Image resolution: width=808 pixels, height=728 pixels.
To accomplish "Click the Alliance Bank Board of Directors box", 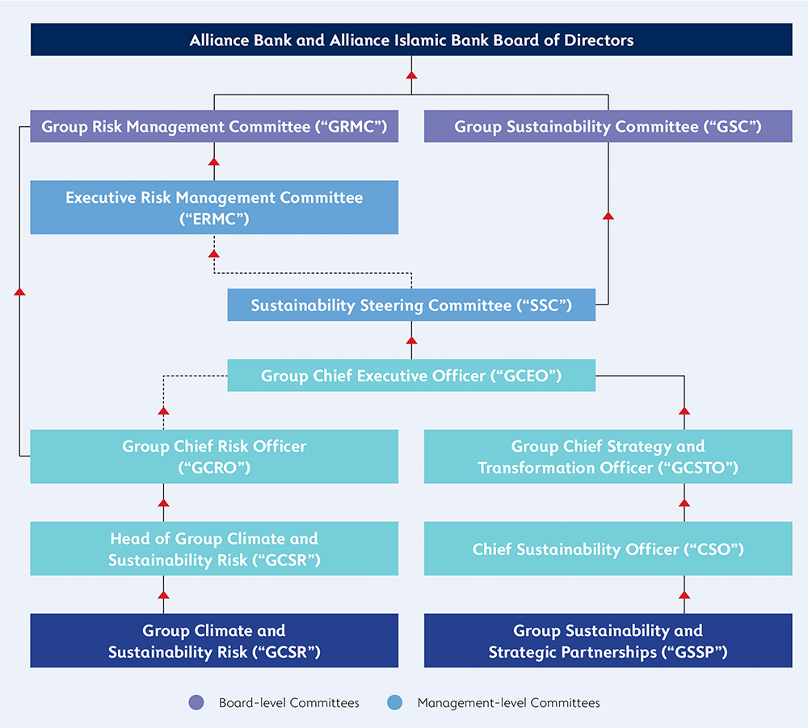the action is pyautogui.click(x=411, y=40).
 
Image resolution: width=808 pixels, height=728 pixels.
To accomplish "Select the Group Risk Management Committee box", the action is pyautogui.click(x=214, y=126).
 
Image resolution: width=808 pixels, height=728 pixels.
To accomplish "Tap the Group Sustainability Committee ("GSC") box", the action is pyautogui.click(x=608, y=126).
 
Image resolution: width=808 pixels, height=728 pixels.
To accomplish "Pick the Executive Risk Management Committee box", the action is pyautogui.click(x=214, y=208).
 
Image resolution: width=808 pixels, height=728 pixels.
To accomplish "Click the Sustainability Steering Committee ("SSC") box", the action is pyautogui.click(x=411, y=305).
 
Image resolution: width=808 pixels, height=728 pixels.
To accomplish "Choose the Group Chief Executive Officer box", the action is pyautogui.click(x=411, y=376).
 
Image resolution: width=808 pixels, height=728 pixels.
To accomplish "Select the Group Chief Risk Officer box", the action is pyautogui.click(x=214, y=457).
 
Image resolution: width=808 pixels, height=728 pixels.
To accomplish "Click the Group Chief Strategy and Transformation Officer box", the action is pyautogui.click(x=608, y=457).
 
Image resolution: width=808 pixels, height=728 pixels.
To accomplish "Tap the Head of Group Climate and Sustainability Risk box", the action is pyautogui.click(x=214, y=549).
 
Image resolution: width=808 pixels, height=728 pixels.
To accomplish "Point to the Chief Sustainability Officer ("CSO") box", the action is pyautogui.click(x=608, y=549).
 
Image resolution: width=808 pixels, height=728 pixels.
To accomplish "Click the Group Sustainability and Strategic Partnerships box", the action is pyautogui.click(x=608, y=641).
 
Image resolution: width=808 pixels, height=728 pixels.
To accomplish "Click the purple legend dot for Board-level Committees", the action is pyautogui.click(x=196, y=702).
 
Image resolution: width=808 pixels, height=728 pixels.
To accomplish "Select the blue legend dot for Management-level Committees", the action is pyautogui.click(x=395, y=702).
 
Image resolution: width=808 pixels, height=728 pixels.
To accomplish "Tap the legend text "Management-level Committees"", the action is pyautogui.click(x=508, y=703).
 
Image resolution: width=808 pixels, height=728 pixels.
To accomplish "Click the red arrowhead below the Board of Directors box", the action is pyautogui.click(x=411, y=75).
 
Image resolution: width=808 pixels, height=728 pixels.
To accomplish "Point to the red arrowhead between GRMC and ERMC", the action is pyautogui.click(x=214, y=162).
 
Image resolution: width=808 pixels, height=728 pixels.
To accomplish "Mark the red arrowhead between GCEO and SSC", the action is pyautogui.click(x=411, y=340).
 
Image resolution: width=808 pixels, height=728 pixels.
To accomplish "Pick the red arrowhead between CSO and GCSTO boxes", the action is pyautogui.click(x=684, y=503).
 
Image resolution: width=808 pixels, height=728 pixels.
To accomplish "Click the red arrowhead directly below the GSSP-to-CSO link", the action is pyautogui.click(x=684, y=595).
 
